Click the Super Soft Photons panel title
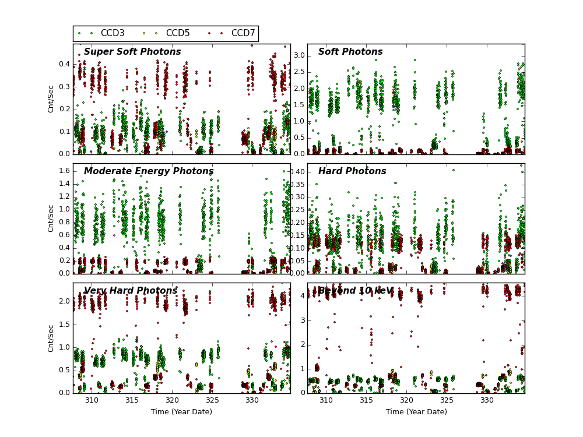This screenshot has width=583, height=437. [132, 52]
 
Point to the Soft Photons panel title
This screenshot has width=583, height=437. [350, 52]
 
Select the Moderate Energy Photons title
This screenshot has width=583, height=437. [149, 171]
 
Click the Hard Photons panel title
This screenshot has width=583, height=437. [352, 171]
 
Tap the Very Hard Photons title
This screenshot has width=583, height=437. [131, 291]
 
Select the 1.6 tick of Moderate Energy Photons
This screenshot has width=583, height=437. [64, 171]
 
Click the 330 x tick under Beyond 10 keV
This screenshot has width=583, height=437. [487, 401]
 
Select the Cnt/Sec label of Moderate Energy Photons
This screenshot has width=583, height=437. [51, 218]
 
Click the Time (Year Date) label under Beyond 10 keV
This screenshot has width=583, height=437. [416, 412]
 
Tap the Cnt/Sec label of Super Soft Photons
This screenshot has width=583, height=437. [51, 99]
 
